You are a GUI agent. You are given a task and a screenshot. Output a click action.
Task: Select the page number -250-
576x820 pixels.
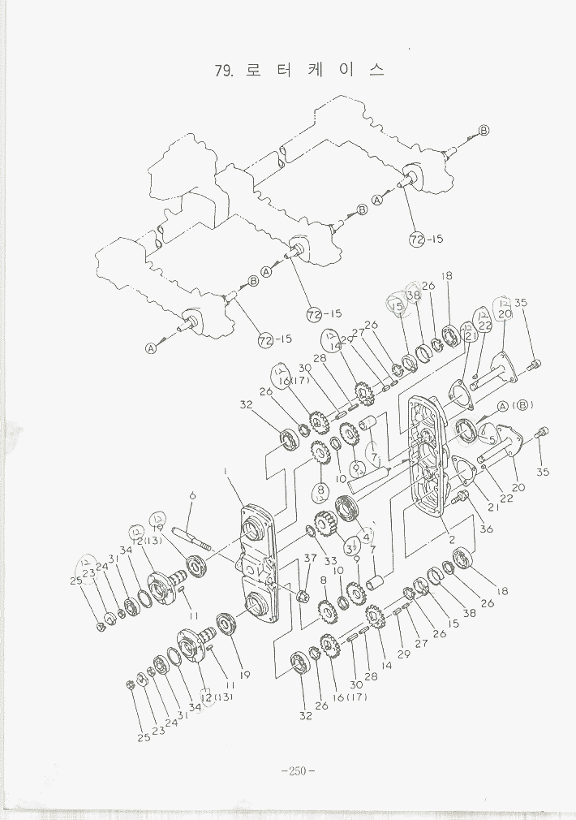tap(296, 770)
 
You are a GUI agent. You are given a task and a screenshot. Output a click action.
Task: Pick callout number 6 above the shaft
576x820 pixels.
tap(191, 495)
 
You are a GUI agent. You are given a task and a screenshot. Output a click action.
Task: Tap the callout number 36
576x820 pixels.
tap(485, 529)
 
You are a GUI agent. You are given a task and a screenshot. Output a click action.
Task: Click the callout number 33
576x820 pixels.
tap(330, 561)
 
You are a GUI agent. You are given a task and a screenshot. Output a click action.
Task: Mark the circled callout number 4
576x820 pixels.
tap(368, 535)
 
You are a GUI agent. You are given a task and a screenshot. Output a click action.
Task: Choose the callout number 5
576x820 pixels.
tap(492, 438)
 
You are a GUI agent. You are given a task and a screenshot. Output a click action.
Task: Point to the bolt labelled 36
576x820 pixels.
tap(462, 496)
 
